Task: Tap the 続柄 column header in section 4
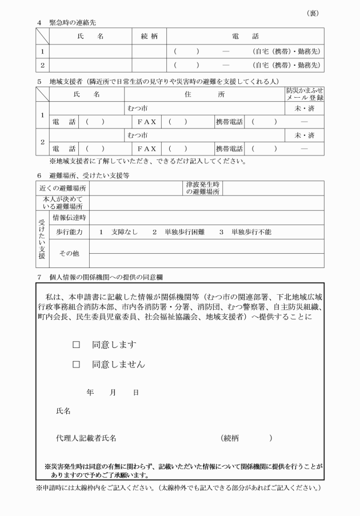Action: [x=149, y=36]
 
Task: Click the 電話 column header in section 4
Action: [x=245, y=36]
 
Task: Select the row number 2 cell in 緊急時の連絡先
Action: [x=42, y=65]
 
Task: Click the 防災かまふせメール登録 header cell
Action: [x=304, y=94]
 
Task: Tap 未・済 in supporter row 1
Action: [x=304, y=107]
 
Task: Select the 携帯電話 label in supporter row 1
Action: [x=229, y=121]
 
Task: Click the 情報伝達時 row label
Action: [x=69, y=217]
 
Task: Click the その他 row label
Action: [x=69, y=253]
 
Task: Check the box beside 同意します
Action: [x=75, y=345]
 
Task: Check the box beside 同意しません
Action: [x=75, y=364]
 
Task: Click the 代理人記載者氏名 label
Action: [x=86, y=438]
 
